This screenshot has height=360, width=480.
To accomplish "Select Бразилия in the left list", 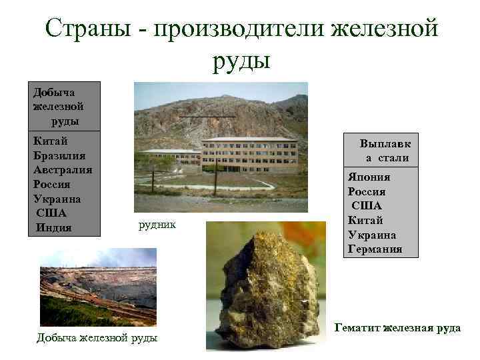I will coord(60,155).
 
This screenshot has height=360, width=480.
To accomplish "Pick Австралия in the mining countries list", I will coord(63,170).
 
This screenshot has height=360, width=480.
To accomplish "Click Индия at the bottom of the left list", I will coord(53,228).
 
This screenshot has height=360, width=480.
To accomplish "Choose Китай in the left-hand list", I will coord(51,141).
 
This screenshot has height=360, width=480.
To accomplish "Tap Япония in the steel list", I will coord(369,177).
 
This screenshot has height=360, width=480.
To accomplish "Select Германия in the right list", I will coord(375,249).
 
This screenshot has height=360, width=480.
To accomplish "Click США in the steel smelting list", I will coord(367,206).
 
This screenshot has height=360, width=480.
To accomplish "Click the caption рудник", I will coord(157,225).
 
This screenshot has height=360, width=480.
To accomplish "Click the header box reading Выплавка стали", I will coord(385,151).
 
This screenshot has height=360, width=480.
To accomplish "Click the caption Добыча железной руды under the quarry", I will coord(97,338).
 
